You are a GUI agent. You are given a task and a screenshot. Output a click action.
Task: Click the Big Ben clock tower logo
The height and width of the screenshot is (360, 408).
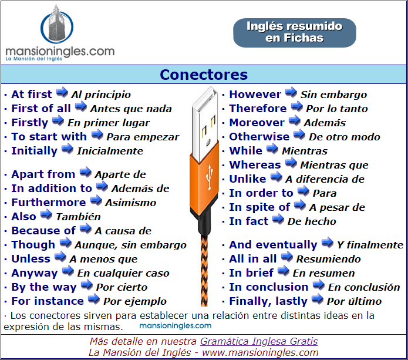[x=57, y=24]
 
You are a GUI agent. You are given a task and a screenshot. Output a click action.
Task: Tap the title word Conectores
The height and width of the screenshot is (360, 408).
[x=204, y=75]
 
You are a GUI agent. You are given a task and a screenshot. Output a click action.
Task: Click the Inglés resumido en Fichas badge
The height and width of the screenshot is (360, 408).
[x=294, y=32]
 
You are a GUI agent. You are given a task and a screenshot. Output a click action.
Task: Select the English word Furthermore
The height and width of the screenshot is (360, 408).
[x=49, y=203]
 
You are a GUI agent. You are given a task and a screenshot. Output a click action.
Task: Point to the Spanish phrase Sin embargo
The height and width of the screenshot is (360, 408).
[x=333, y=95]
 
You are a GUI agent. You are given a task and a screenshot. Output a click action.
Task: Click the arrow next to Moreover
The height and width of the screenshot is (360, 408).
[x=294, y=121]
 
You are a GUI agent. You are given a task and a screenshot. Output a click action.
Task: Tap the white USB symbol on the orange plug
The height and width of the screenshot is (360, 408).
[x=209, y=177]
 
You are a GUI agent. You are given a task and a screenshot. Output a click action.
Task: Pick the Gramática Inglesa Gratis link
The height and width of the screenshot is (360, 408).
[x=259, y=341]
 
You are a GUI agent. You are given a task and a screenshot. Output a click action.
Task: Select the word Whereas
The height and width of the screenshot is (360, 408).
[x=255, y=165]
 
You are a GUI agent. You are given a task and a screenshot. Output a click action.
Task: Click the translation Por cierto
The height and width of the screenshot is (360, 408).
[x=122, y=287]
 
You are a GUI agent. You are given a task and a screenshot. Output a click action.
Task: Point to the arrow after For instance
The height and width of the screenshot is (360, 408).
[x=94, y=300]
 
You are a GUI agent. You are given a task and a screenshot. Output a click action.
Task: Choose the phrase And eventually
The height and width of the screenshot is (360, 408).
[x=273, y=245]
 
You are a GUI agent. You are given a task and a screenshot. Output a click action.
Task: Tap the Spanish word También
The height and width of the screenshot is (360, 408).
[x=78, y=217]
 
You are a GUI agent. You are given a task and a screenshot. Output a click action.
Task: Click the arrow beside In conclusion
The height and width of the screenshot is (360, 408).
[x=319, y=285]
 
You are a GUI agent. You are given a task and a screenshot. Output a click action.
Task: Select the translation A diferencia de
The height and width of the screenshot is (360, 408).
[x=325, y=179]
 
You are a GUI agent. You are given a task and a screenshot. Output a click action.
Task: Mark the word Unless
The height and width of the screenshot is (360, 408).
[x=31, y=259]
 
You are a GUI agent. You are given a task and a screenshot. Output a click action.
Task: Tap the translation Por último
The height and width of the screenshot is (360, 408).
[x=354, y=301]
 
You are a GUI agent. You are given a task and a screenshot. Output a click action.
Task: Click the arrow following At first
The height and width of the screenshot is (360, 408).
[x=62, y=92]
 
